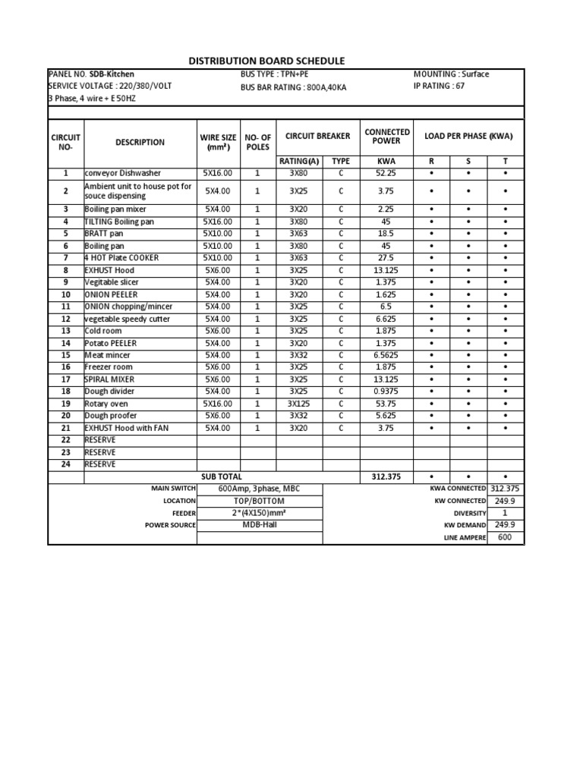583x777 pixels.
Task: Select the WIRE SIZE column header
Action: [x=218, y=142]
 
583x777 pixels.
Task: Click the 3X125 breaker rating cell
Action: [x=298, y=404]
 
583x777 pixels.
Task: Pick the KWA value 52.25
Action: [x=386, y=173]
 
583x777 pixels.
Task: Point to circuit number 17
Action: [x=65, y=379]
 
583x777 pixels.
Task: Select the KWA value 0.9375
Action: [x=386, y=392]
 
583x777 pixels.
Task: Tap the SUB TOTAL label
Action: [x=222, y=477]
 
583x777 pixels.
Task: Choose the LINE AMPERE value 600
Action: [x=505, y=537]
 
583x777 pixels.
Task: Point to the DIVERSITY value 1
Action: [x=505, y=513]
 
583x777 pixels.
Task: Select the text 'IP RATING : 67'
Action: [x=439, y=87]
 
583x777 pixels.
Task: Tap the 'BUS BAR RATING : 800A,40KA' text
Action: [x=293, y=87]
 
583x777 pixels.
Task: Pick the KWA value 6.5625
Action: [x=386, y=355]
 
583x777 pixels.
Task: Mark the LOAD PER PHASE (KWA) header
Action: [x=468, y=137]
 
